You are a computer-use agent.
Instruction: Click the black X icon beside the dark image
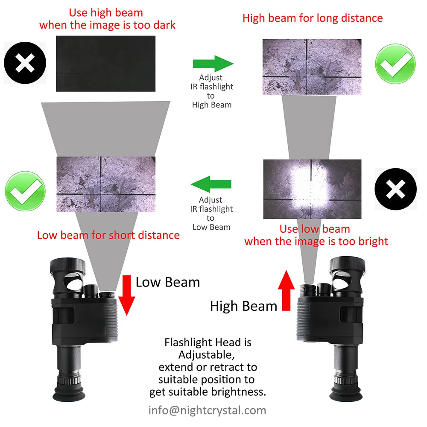25,63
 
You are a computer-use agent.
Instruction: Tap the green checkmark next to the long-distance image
395,64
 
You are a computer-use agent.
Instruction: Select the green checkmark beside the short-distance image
25,191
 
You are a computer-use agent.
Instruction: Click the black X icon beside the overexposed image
395,189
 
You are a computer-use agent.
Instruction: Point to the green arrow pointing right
213,64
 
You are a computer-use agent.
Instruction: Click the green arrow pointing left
211,184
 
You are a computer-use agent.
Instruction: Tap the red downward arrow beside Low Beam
127,295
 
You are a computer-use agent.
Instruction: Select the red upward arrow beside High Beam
286,290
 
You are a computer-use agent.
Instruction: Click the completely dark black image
105,64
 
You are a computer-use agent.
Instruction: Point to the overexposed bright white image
313,189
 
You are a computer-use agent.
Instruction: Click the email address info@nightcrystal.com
207,410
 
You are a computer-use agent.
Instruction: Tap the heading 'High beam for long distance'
313,18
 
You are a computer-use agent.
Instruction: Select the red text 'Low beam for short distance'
108,235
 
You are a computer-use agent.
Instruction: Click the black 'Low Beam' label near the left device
168,282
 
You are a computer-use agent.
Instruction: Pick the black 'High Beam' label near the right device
243,306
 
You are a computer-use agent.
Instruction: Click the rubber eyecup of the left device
69,394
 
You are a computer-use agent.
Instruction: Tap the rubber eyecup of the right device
346,394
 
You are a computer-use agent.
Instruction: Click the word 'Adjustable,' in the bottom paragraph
206,355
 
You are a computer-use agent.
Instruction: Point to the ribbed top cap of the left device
67,266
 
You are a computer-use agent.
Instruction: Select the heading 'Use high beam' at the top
106,12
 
